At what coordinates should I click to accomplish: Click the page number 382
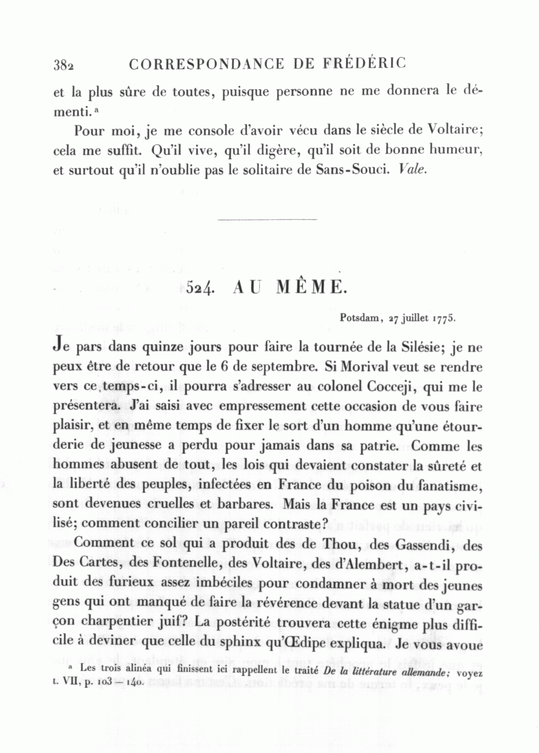63,65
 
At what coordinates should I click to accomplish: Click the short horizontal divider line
267,220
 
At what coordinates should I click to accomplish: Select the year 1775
444,318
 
